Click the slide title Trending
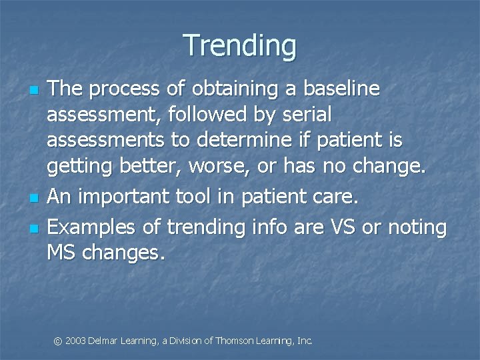click(240, 45)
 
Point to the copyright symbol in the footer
click(57, 341)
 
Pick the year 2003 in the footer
click(75, 341)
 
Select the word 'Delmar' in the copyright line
click(103, 341)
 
